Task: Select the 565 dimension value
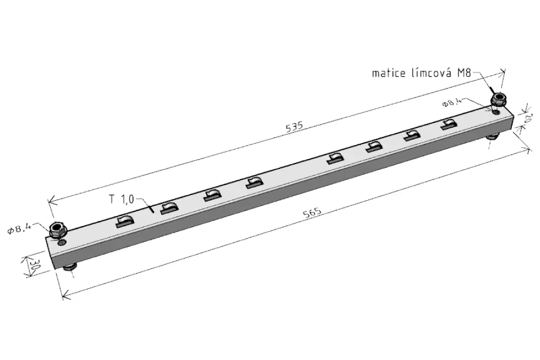pyautogui.click(x=312, y=212)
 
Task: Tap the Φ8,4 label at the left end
pyautogui.click(x=20, y=228)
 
